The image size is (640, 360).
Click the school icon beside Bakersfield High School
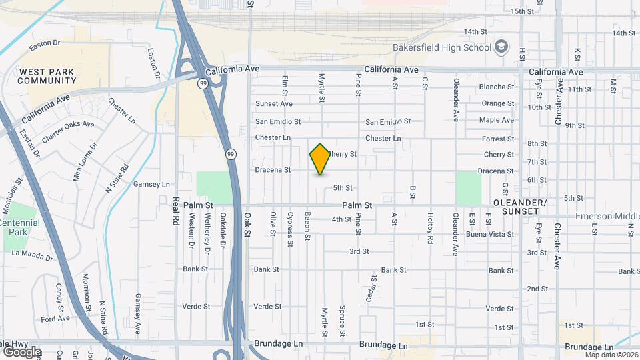pyautogui.click(x=502, y=47)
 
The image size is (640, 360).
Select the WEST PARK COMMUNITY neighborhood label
pyautogui.click(x=47, y=76)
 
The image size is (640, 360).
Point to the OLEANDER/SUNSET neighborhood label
pyautogui.click(x=519, y=206)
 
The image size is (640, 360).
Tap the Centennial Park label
pyautogui.click(x=19, y=228)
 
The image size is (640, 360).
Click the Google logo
pyautogui.click(x=21, y=351)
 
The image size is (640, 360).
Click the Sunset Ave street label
pyautogui.click(x=274, y=103)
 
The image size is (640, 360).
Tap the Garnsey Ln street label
pyautogui.click(x=152, y=184)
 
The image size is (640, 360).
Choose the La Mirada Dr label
pyautogui.click(x=31, y=255)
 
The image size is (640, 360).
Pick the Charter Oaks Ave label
pyautogui.click(x=68, y=131)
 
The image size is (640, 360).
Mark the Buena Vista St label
pyautogui.click(x=490, y=234)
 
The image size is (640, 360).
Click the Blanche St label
pyautogui.click(x=497, y=87)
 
